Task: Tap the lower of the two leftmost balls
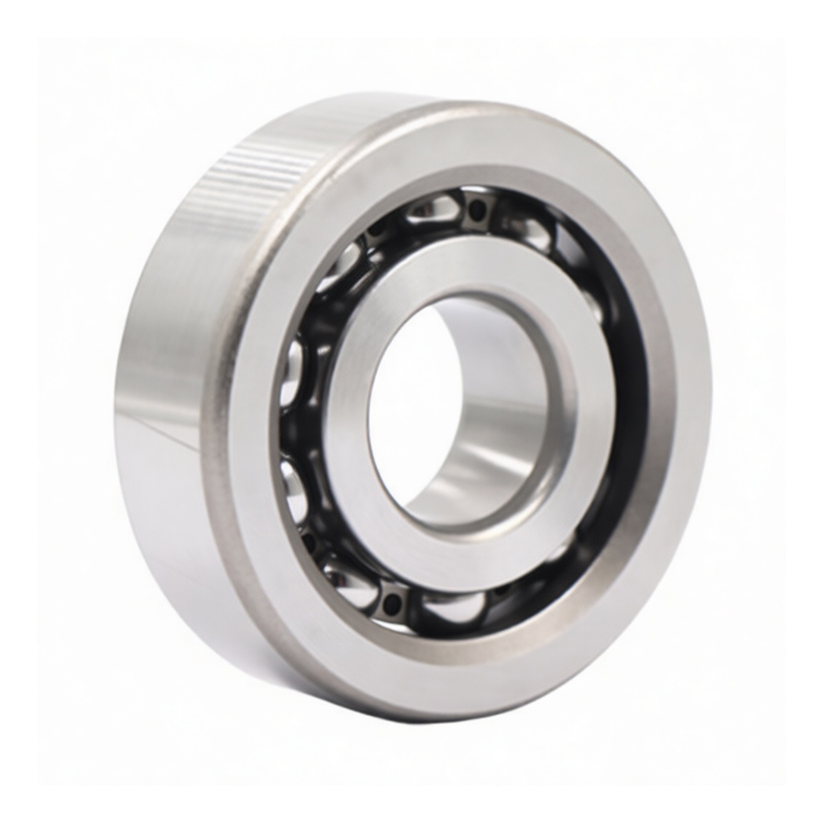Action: (294, 480)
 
